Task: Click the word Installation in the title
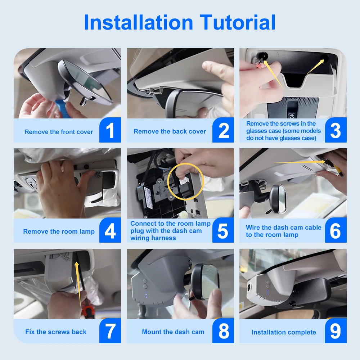coord(139,22)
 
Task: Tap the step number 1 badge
coord(110,130)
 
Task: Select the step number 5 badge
coord(223,230)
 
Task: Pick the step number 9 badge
coord(336,330)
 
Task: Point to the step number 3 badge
coord(336,130)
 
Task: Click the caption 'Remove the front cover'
coord(59,132)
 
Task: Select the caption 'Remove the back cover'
coord(170,131)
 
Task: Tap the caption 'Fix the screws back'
coord(56,332)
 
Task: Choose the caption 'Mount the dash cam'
coord(173,332)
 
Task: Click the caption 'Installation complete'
coord(284,332)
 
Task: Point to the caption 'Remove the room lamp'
coord(59,231)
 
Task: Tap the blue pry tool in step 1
coord(61,109)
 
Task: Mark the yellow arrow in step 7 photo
coord(78,285)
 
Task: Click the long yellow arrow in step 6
coord(300,162)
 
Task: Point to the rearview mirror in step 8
coord(204,282)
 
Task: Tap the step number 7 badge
coord(110,330)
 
